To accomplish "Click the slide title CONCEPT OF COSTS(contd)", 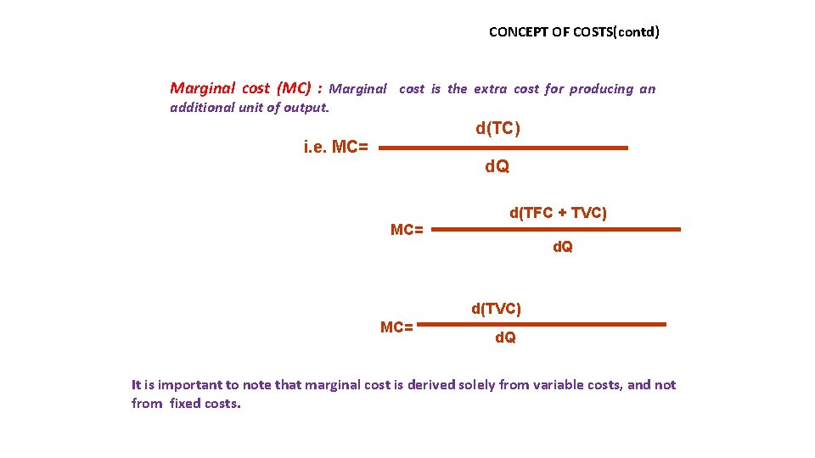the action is (574, 32).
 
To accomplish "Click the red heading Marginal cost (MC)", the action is (240, 88).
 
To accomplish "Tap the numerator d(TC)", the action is (497, 128).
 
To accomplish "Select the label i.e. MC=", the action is (336, 147).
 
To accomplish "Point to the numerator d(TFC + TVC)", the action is (558, 214).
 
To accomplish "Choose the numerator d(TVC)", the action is (497, 309).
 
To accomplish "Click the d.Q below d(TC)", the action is (497, 167).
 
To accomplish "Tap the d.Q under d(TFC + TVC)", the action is (562, 247).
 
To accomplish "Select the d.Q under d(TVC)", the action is (505, 338).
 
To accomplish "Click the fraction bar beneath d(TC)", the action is (503, 148).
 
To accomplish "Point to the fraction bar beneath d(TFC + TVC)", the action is (562, 229).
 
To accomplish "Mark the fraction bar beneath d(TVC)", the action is (543, 324).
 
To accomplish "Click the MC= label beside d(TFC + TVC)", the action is (407, 230).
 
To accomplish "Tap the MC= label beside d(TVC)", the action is (396, 327).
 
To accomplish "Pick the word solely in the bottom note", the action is (476, 385).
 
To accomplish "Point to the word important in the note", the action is (192, 385).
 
